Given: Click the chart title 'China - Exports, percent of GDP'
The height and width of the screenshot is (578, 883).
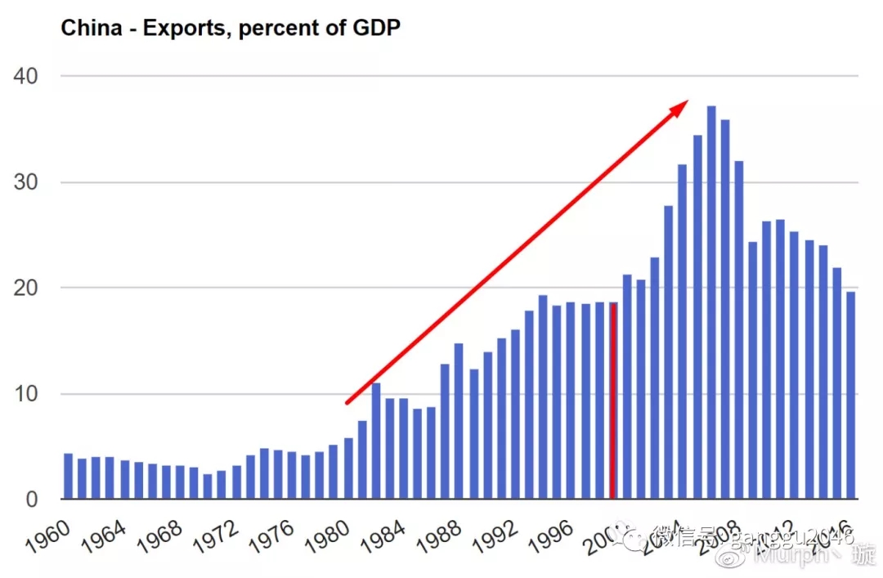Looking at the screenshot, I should [231, 29].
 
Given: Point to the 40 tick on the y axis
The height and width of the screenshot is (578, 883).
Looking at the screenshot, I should [26, 76].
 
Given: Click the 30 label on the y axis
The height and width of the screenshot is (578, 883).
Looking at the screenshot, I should [26, 181].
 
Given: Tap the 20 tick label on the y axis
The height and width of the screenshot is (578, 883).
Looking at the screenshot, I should [26, 288].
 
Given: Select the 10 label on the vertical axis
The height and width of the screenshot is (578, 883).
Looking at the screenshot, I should [26, 393].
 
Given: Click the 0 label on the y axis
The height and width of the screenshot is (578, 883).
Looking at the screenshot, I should [33, 499].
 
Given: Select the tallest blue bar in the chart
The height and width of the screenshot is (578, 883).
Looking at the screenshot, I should [711, 302].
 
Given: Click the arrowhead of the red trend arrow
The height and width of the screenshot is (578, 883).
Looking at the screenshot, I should [682, 105].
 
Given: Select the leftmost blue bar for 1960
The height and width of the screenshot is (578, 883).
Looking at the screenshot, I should [69, 476].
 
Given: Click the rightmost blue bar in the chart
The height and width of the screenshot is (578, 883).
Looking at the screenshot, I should [850, 395].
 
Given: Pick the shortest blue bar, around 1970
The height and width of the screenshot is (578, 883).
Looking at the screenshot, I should [208, 486].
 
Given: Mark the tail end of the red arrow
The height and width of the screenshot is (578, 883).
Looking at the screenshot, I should [347, 402].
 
